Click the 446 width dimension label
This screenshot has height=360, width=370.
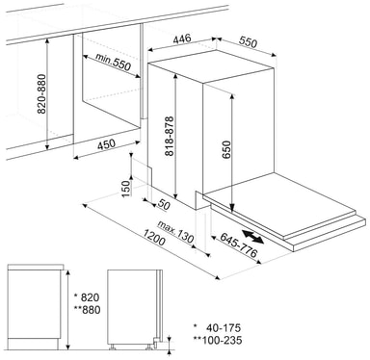pos(182,39)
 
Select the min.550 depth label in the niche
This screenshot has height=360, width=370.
pos(113,62)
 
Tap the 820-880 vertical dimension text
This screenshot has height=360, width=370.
pos(41,94)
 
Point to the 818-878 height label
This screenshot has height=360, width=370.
pos(170,136)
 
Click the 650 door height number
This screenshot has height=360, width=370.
pos(226,150)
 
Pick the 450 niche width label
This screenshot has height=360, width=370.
pos(106,144)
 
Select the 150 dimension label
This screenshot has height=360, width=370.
pos(126,189)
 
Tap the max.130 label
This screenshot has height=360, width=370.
pos(176,232)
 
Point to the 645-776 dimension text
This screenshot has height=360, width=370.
pos(239,245)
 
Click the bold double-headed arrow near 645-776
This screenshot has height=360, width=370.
pos(252,237)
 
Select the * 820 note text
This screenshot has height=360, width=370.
pos(87,297)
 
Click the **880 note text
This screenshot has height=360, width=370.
pos(87,310)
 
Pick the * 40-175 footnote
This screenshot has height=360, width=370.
pos(217,328)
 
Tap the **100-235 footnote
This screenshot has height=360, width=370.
pos(218,340)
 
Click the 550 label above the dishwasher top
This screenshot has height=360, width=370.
pos(249,42)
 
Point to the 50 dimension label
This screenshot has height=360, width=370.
pos(164,205)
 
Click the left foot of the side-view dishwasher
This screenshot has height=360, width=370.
pos(112,347)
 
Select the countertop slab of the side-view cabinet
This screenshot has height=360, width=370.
pos(36,267)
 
